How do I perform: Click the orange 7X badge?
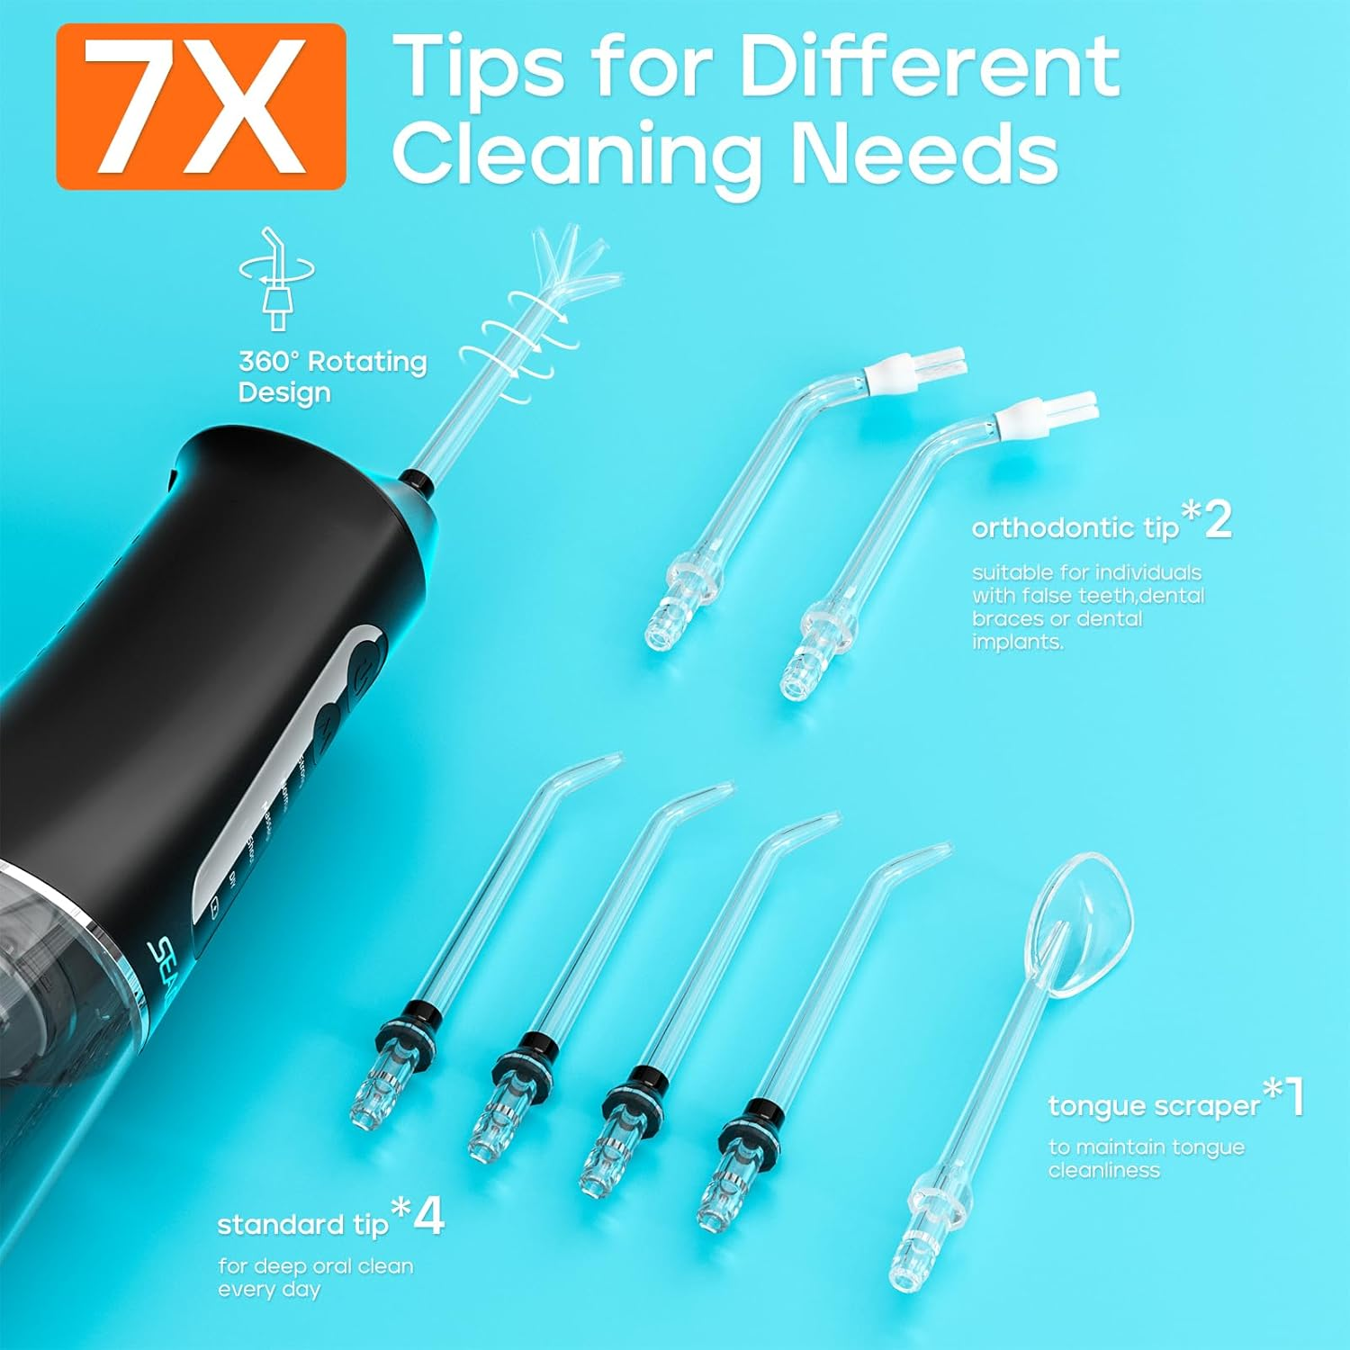pos(201,106)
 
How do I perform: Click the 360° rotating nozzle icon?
pos(276,278)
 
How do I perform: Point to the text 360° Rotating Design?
pos(331,377)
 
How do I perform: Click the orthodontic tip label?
pos(1075,527)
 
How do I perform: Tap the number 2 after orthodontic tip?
pos(1218,520)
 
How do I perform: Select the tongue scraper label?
pos(1154,1105)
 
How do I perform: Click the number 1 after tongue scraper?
pos(1294,1097)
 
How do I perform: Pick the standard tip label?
pos(302,1224)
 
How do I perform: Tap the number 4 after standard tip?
pos(430,1216)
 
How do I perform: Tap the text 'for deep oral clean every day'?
pos(315,1277)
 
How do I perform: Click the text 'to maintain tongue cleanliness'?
pos(1146,1158)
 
